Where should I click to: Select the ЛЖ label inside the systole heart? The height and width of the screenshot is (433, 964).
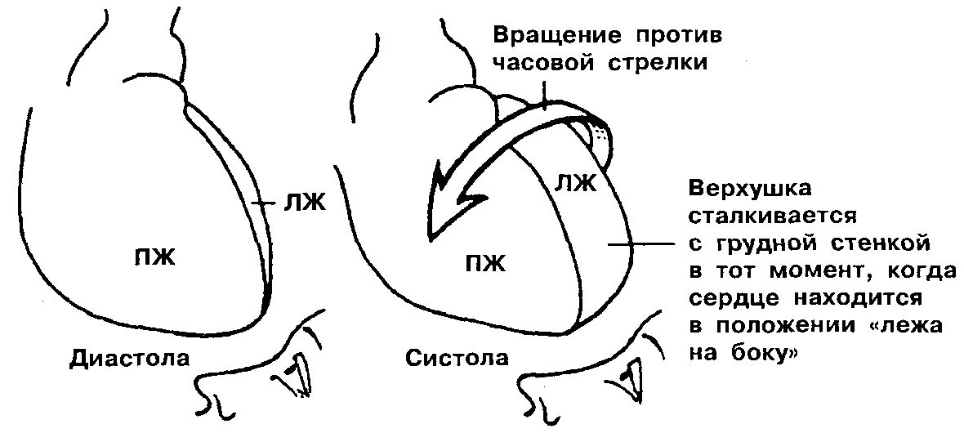click(x=575, y=183)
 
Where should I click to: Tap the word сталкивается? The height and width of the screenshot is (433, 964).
click(x=771, y=217)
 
